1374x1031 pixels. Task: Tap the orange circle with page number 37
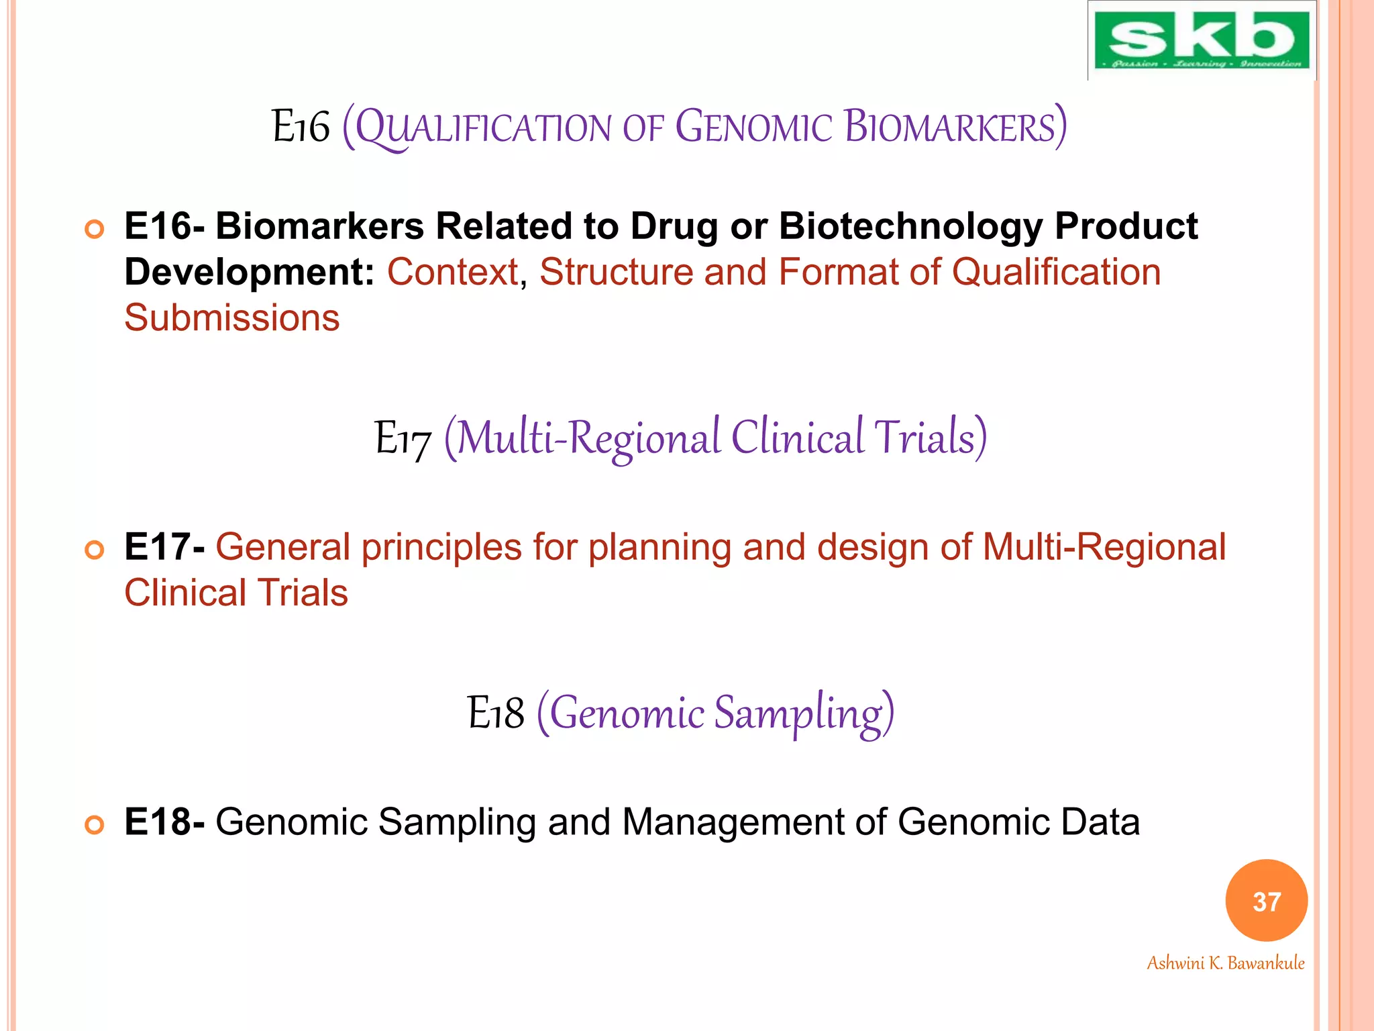point(1266,901)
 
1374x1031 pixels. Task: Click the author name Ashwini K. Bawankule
point(1225,963)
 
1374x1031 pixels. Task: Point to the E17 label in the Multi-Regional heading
point(403,438)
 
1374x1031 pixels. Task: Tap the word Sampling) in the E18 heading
point(803,713)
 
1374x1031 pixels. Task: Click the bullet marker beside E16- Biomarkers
point(95,230)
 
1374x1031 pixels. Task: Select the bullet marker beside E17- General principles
point(95,550)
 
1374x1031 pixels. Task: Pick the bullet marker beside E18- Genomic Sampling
point(95,825)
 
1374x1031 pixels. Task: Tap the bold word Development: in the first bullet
point(249,272)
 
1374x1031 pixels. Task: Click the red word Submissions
point(232,317)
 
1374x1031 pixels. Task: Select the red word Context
point(453,272)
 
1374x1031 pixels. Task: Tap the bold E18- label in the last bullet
point(164,822)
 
